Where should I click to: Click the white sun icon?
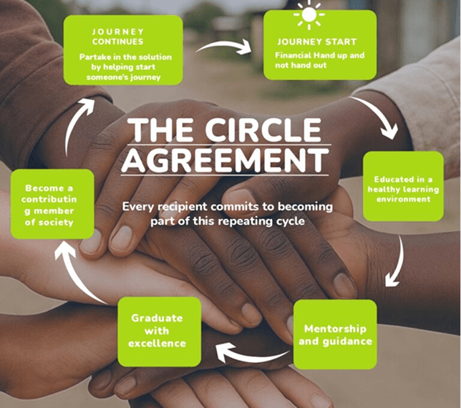309,14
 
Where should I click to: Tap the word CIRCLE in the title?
263,130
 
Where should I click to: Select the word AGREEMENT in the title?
225,160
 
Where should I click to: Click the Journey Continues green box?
123,50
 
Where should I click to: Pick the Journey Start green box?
320,45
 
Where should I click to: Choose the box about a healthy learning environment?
403,186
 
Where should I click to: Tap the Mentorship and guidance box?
335,334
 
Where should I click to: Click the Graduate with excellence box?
160,331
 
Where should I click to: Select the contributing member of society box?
52,204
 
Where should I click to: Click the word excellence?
157,344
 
